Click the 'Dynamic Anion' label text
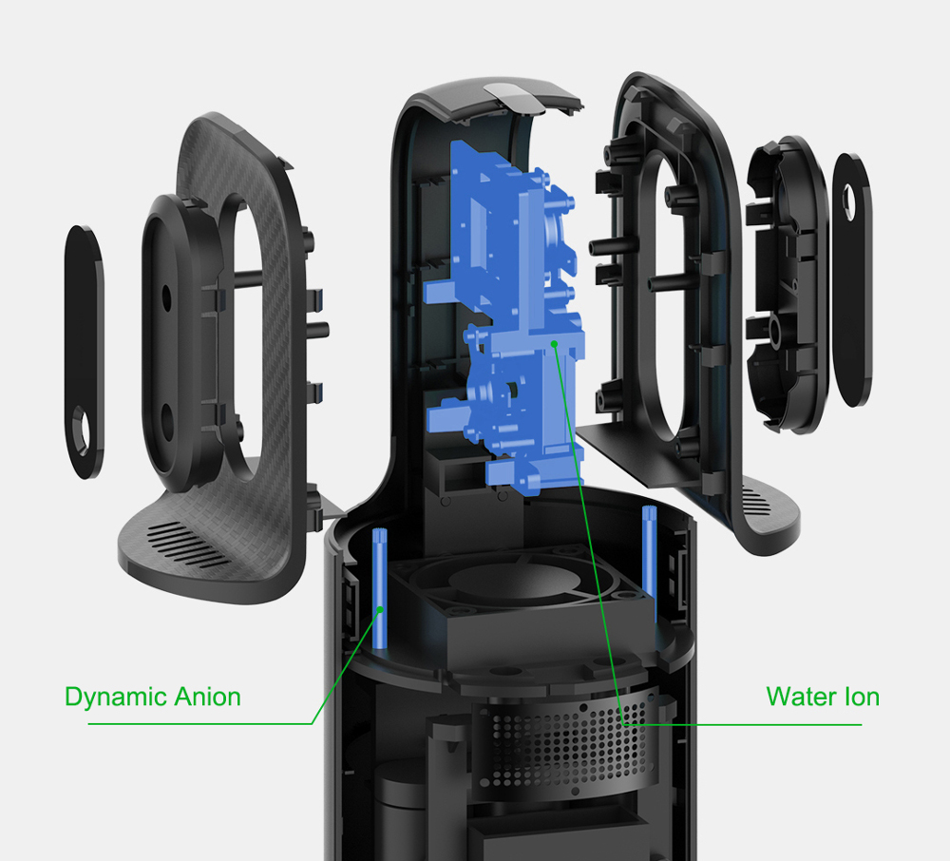coord(152,697)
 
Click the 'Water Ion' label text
coord(823,697)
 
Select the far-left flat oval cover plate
coord(85,352)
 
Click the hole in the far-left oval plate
coord(83,430)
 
